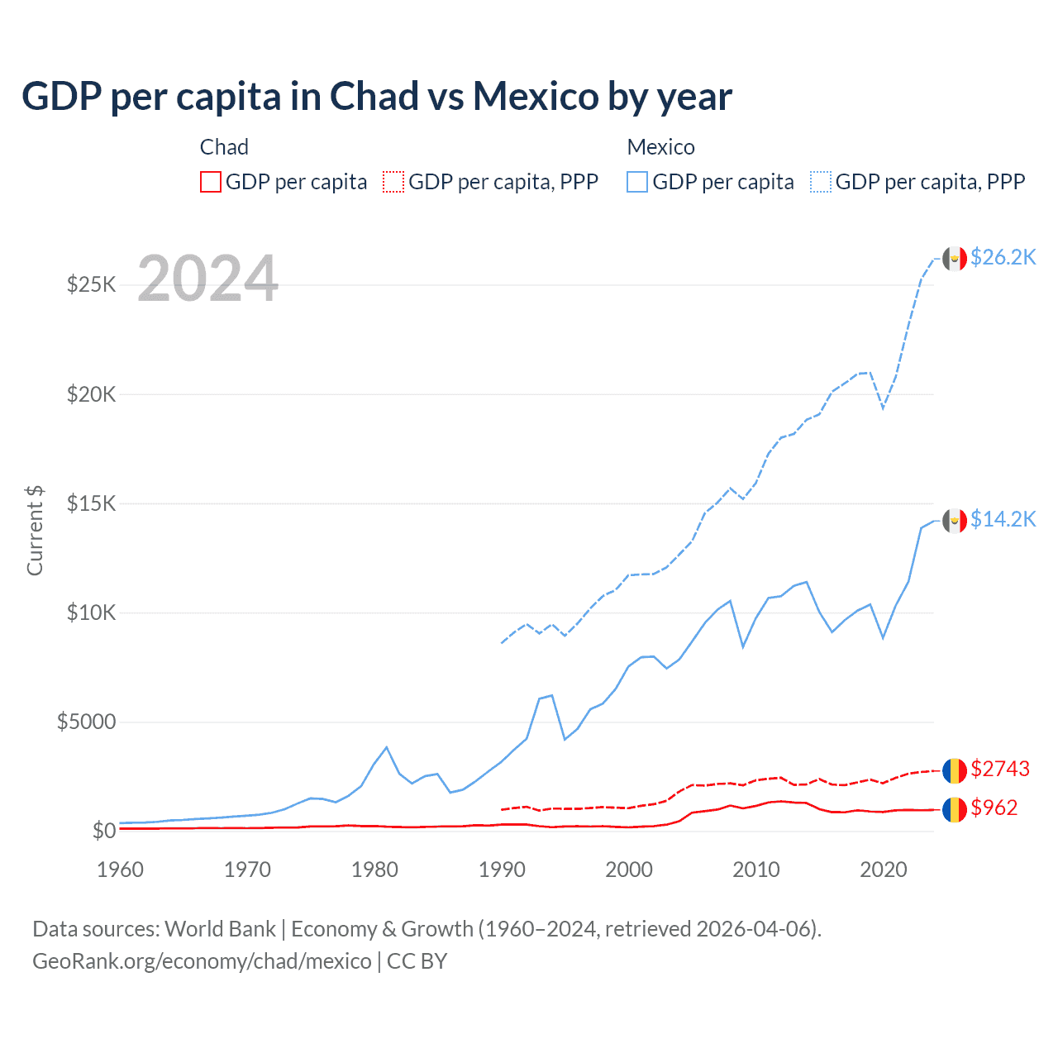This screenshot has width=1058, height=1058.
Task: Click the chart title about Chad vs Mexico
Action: coord(376,97)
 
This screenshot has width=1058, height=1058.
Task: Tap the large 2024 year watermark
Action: coord(207,279)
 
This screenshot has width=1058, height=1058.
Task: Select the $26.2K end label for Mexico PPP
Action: coord(1003,258)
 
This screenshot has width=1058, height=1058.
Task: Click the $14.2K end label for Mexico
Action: coord(1003,519)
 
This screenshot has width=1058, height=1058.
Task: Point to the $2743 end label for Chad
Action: coord(1000,770)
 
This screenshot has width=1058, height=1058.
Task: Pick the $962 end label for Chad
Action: coord(994,808)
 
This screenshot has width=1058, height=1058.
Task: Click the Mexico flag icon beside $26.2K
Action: coord(955,259)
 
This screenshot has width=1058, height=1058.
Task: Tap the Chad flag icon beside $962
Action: coord(955,809)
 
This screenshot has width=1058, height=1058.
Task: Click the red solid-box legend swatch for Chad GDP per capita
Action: coord(211,182)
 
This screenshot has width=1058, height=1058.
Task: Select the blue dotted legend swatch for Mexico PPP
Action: coord(821,182)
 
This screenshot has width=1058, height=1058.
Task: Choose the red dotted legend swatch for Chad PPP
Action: coord(393,182)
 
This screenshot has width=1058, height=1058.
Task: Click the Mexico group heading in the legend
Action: coord(660,147)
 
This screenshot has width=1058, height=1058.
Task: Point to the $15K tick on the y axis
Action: coord(92,503)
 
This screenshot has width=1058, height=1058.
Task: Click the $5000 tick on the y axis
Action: coord(86,722)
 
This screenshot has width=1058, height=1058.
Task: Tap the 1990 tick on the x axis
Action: coord(502,870)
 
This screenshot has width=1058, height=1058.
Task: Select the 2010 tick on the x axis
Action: coord(756,870)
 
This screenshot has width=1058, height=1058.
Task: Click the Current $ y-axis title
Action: coord(35,530)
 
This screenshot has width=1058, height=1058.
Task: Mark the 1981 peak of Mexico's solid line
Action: coord(386,747)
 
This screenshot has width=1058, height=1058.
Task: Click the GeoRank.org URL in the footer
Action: coord(202,961)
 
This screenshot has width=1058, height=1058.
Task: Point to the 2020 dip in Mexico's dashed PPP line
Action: coord(883,407)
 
